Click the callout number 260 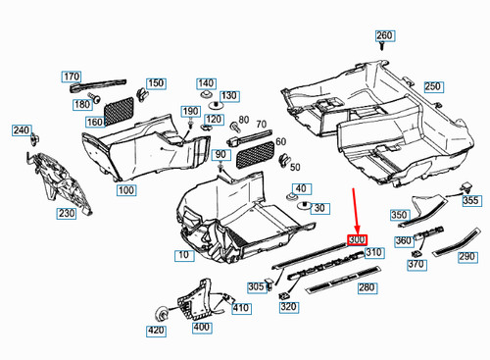384,36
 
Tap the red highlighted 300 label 356,239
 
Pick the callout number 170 72,77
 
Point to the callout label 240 20,129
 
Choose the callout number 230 66,213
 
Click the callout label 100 123,188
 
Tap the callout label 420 156,331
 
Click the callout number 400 201,327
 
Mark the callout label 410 241,308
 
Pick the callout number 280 367,287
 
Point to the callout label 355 471,200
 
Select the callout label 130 228,95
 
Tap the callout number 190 192,112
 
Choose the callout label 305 256,286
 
